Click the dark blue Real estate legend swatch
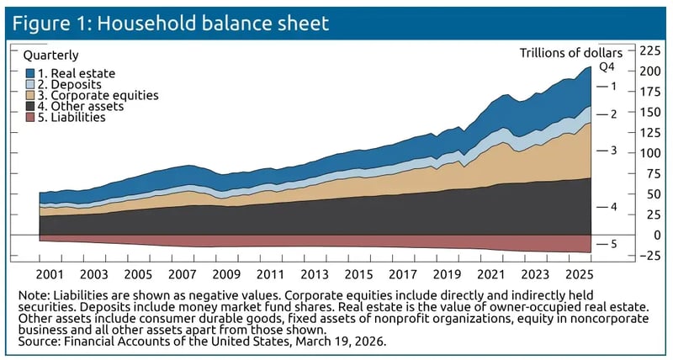point(29,74)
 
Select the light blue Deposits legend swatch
point(29,85)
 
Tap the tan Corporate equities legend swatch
point(29,96)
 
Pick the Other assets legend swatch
point(29,107)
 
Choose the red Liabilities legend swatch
point(29,118)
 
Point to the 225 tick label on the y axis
point(650,50)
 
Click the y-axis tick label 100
point(650,153)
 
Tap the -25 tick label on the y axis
point(649,256)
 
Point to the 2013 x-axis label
point(313,275)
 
